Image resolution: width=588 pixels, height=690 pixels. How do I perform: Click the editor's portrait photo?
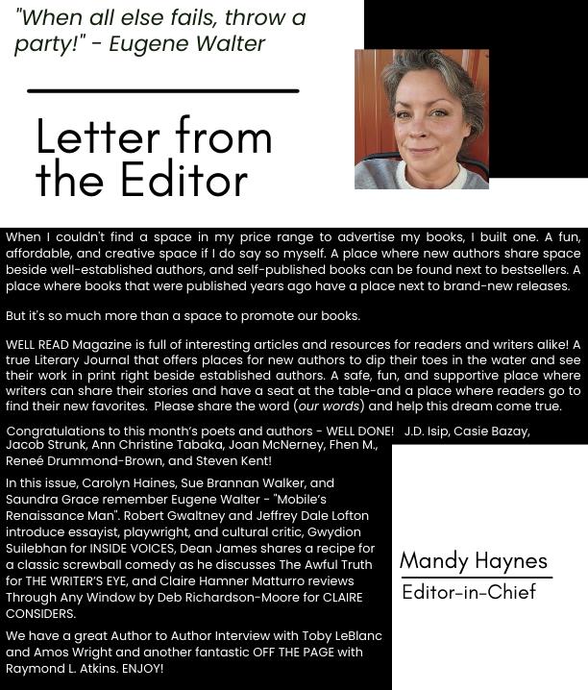coord(421,119)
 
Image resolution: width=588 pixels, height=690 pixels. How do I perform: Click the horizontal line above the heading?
coord(163,90)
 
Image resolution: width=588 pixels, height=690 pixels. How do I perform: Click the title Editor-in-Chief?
coord(468,591)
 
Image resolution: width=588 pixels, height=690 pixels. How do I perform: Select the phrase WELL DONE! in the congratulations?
coord(360,431)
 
